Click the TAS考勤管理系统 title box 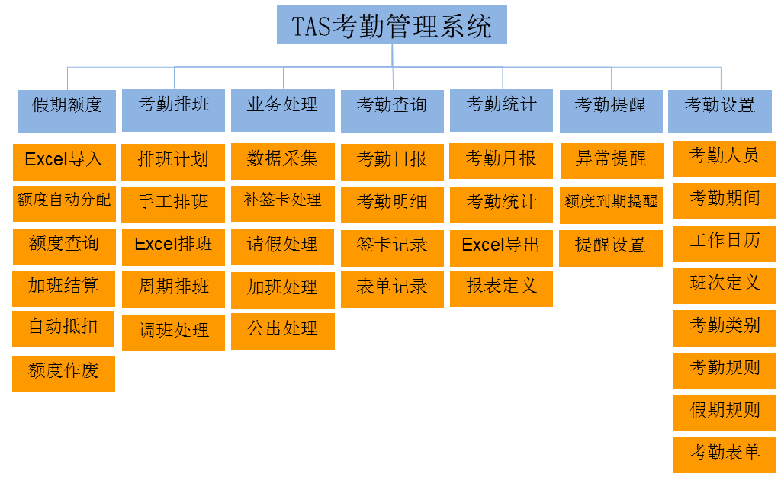coord(391,25)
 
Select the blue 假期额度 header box coord(67,111)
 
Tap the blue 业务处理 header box coord(282,110)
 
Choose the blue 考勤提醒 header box coord(611,111)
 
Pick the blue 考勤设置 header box coord(720,111)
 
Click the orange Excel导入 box coord(64,162)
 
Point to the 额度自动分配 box coord(64,204)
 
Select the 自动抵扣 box coord(63,328)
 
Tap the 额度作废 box coord(64,373)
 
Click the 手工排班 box coord(173,204)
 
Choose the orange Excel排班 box coord(173,247)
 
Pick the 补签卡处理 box coord(282,204)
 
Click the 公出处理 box coord(282,331)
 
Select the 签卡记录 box coord(392,248)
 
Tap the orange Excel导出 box coord(501,248)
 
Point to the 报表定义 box coord(501,289)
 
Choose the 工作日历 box coord(725,244)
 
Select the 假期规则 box coord(725,413)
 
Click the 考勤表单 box coord(725,455)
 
